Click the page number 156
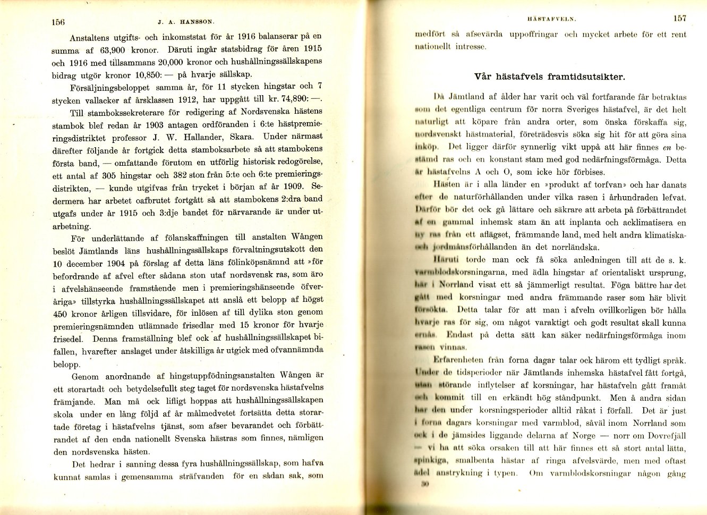[x=58, y=22]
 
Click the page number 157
[x=679, y=18]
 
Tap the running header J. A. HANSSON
[x=186, y=22]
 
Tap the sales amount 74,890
[x=295, y=99]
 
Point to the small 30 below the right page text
[x=424, y=484]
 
